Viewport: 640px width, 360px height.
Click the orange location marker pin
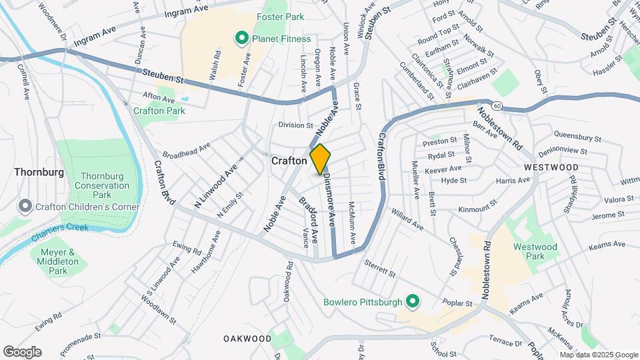tap(320, 159)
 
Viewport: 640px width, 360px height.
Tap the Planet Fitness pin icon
tap(242, 39)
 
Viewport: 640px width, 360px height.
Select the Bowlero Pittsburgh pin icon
tap(412, 302)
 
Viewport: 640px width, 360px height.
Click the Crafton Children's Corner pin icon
tap(25, 207)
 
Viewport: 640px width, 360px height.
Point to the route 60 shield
tap(497, 105)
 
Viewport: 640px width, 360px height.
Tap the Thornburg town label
tap(39, 172)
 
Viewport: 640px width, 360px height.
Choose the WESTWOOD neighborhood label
tap(551, 167)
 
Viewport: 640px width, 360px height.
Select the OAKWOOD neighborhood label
tap(247, 339)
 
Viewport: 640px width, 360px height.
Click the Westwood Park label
tap(535, 251)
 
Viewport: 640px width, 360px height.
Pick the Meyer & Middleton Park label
tap(59, 261)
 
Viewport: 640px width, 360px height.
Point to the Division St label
tap(295, 125)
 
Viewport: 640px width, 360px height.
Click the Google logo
tap(22, 352)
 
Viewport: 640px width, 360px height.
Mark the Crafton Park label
tap(159, 111)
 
